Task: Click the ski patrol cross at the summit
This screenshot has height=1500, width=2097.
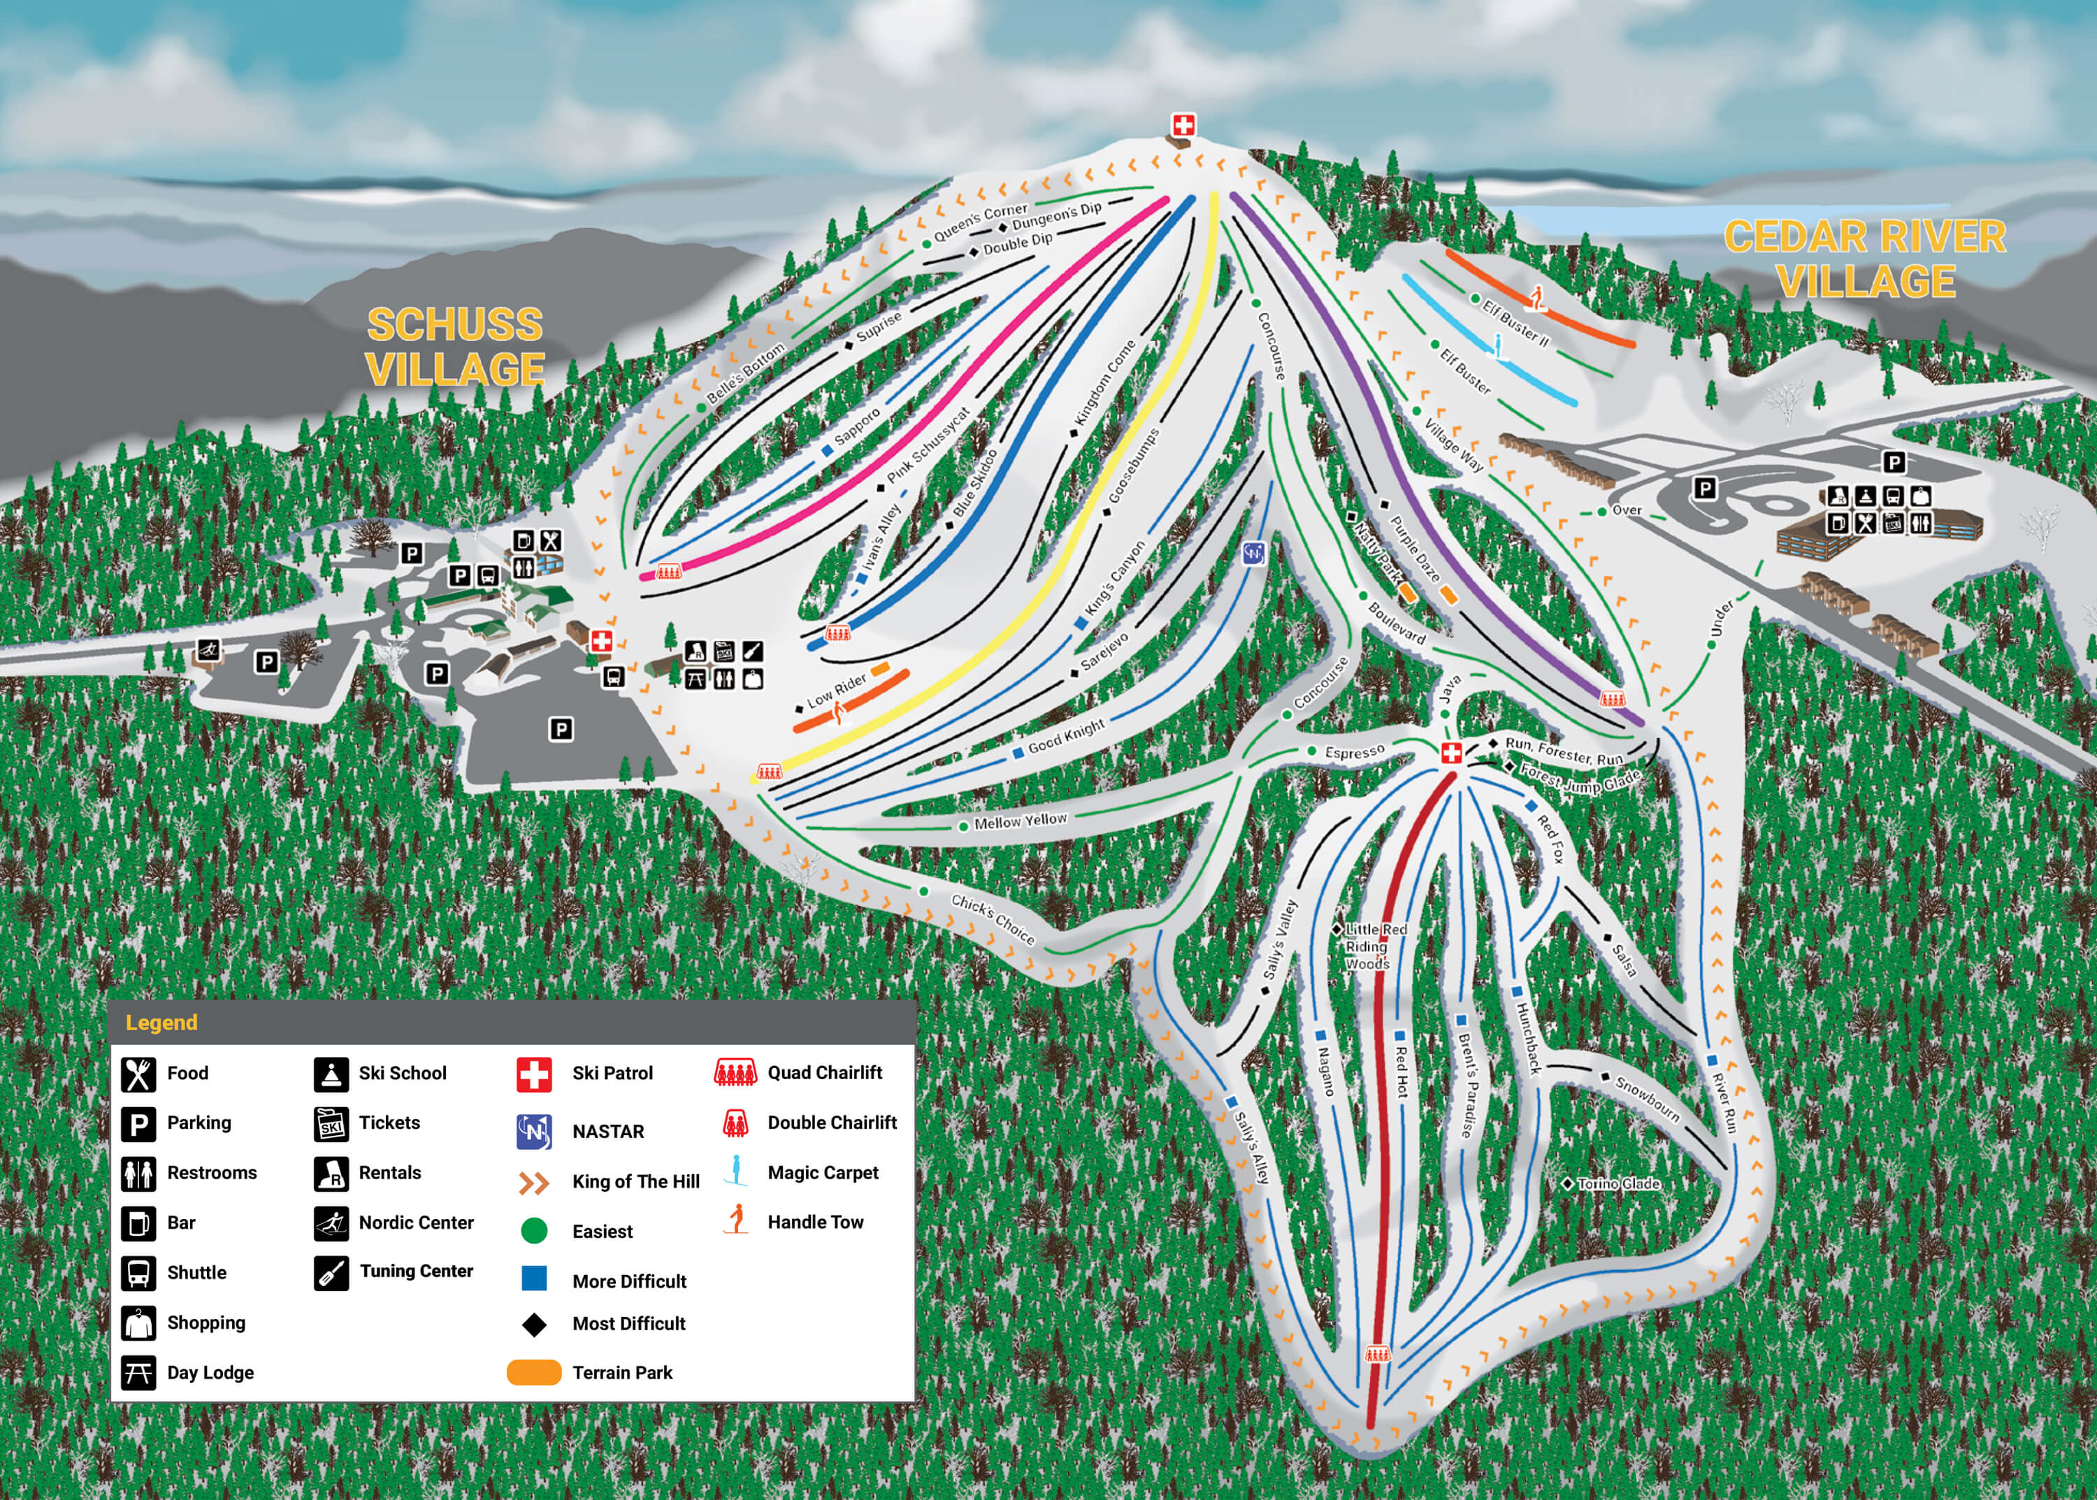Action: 1183,124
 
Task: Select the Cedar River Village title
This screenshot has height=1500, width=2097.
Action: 1864,259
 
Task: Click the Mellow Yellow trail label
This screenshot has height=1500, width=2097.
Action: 1020,820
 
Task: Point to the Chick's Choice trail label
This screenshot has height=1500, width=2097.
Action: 993,919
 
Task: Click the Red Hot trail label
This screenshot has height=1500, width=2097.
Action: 1401,1072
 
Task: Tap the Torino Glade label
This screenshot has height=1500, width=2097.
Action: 1618,1183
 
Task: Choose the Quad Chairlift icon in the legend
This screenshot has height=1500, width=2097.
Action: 735,1072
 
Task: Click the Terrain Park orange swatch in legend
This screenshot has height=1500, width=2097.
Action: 534,1373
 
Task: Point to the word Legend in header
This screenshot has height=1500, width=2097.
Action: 161,1023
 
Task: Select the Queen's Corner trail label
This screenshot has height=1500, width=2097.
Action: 979,222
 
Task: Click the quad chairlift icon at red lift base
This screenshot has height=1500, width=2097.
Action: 1376,1354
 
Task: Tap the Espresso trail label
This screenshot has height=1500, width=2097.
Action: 1354,752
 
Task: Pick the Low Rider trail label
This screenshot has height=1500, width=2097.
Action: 836,690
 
